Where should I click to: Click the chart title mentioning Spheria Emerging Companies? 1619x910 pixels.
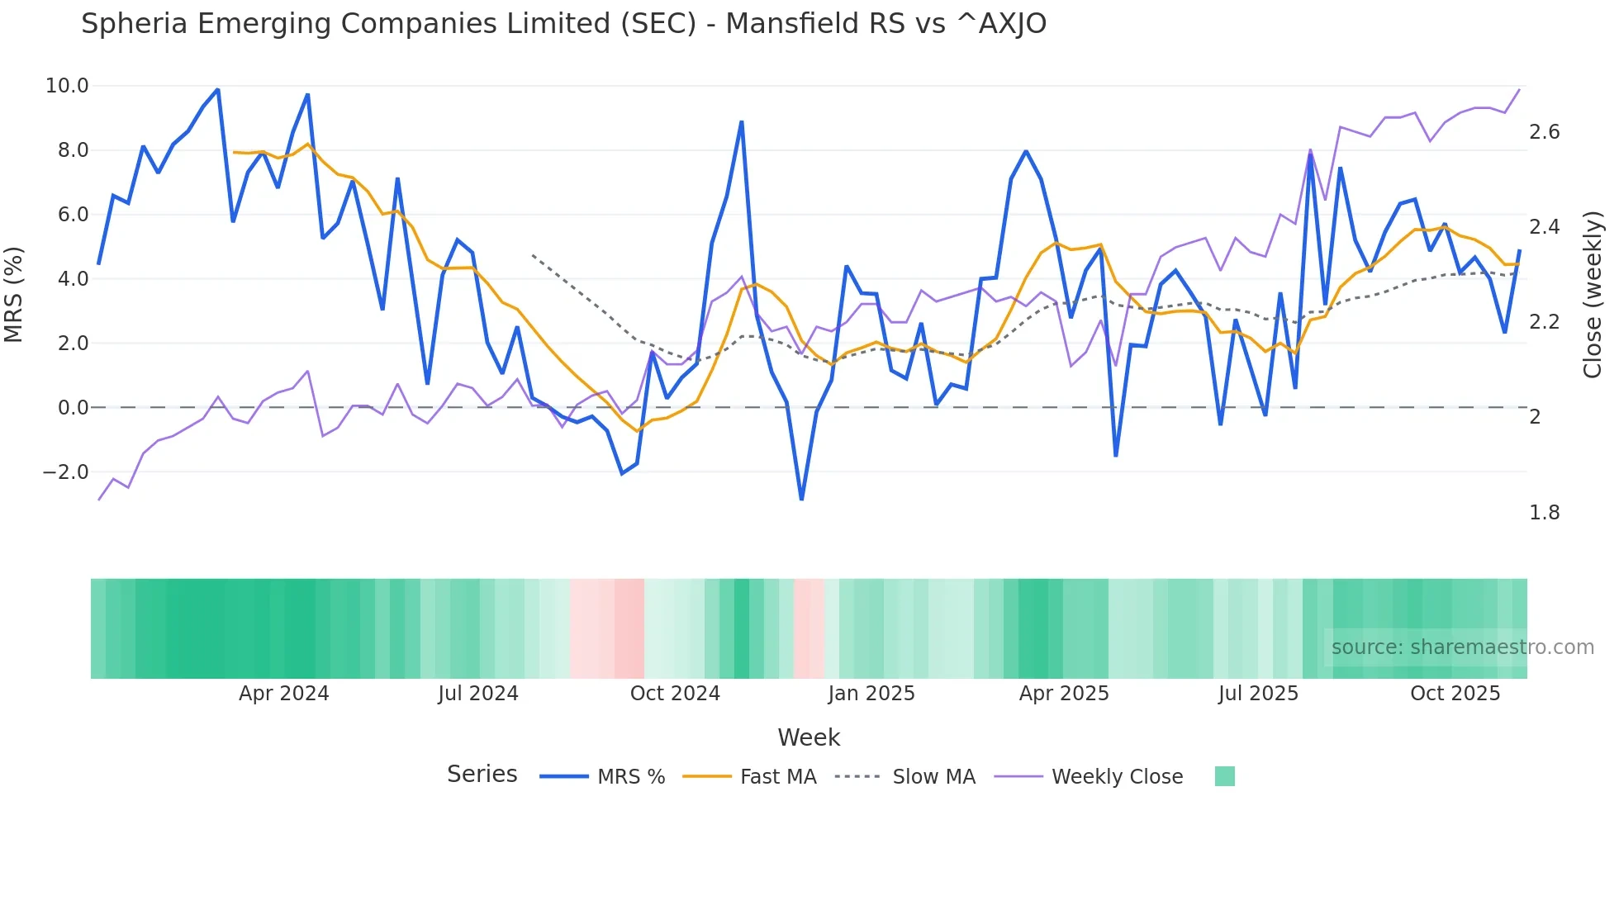(x=563, y=24)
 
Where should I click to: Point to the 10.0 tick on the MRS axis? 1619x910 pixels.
(x=67, y=86)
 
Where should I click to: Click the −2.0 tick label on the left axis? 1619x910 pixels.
(x=65, y=472)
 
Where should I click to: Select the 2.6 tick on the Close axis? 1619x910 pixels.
(x=1544, y=132)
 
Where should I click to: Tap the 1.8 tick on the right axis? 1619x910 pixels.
(x=1544, y=513)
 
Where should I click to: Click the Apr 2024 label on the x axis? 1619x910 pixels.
(x=283, y=694)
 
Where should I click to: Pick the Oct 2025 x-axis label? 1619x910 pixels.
(x=1454, y=694)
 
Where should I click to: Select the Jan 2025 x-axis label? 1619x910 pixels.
(x=871, y=694)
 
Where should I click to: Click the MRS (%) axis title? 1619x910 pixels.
(x=14, y=295)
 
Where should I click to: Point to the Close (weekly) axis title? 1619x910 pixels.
(x=1592, y=295)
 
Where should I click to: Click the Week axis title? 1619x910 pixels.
(x=808, y=737)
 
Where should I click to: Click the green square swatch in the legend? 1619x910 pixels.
(x=1224, y=776)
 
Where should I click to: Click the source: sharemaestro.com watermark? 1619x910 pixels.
(x=1462, y=647)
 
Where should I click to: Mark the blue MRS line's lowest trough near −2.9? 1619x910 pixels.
(x=801, y=499)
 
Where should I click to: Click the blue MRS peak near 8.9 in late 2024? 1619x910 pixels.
(x=742, y=122)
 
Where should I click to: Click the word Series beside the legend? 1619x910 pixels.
(x=482, y=775)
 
